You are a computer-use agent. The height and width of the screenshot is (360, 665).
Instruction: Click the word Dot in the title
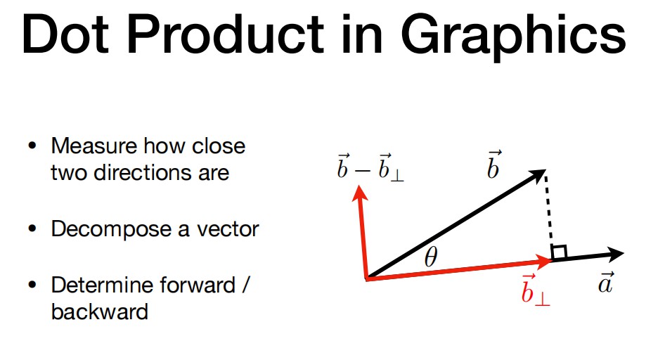pyautogui.click(x=66, y=34)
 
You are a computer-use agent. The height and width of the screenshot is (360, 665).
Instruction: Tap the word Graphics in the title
pyautogui.click(x=513, y=38)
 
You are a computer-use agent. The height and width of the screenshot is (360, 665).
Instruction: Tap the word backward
pyautogui.click(x=100, y=311)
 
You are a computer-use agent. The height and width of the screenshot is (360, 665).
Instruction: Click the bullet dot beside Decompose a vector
pyautogui.click(x=32, y=229)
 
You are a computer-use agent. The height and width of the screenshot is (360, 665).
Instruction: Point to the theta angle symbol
pyautogui.click(x=430, y=257)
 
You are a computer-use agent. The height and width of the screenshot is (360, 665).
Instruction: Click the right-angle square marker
pyautogui.click(x=559, y=252)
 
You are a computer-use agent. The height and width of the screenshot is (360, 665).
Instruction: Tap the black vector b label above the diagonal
pyautogui.click(x=493, y=165)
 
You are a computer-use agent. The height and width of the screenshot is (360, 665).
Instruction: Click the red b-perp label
pyautogui.click(x=535, y=290)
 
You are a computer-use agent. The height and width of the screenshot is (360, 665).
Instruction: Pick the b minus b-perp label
pyautogui.click(x=370, y=167)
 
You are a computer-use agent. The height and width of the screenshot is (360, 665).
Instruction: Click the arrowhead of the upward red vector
pyautogui.click(x=360, y=193)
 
